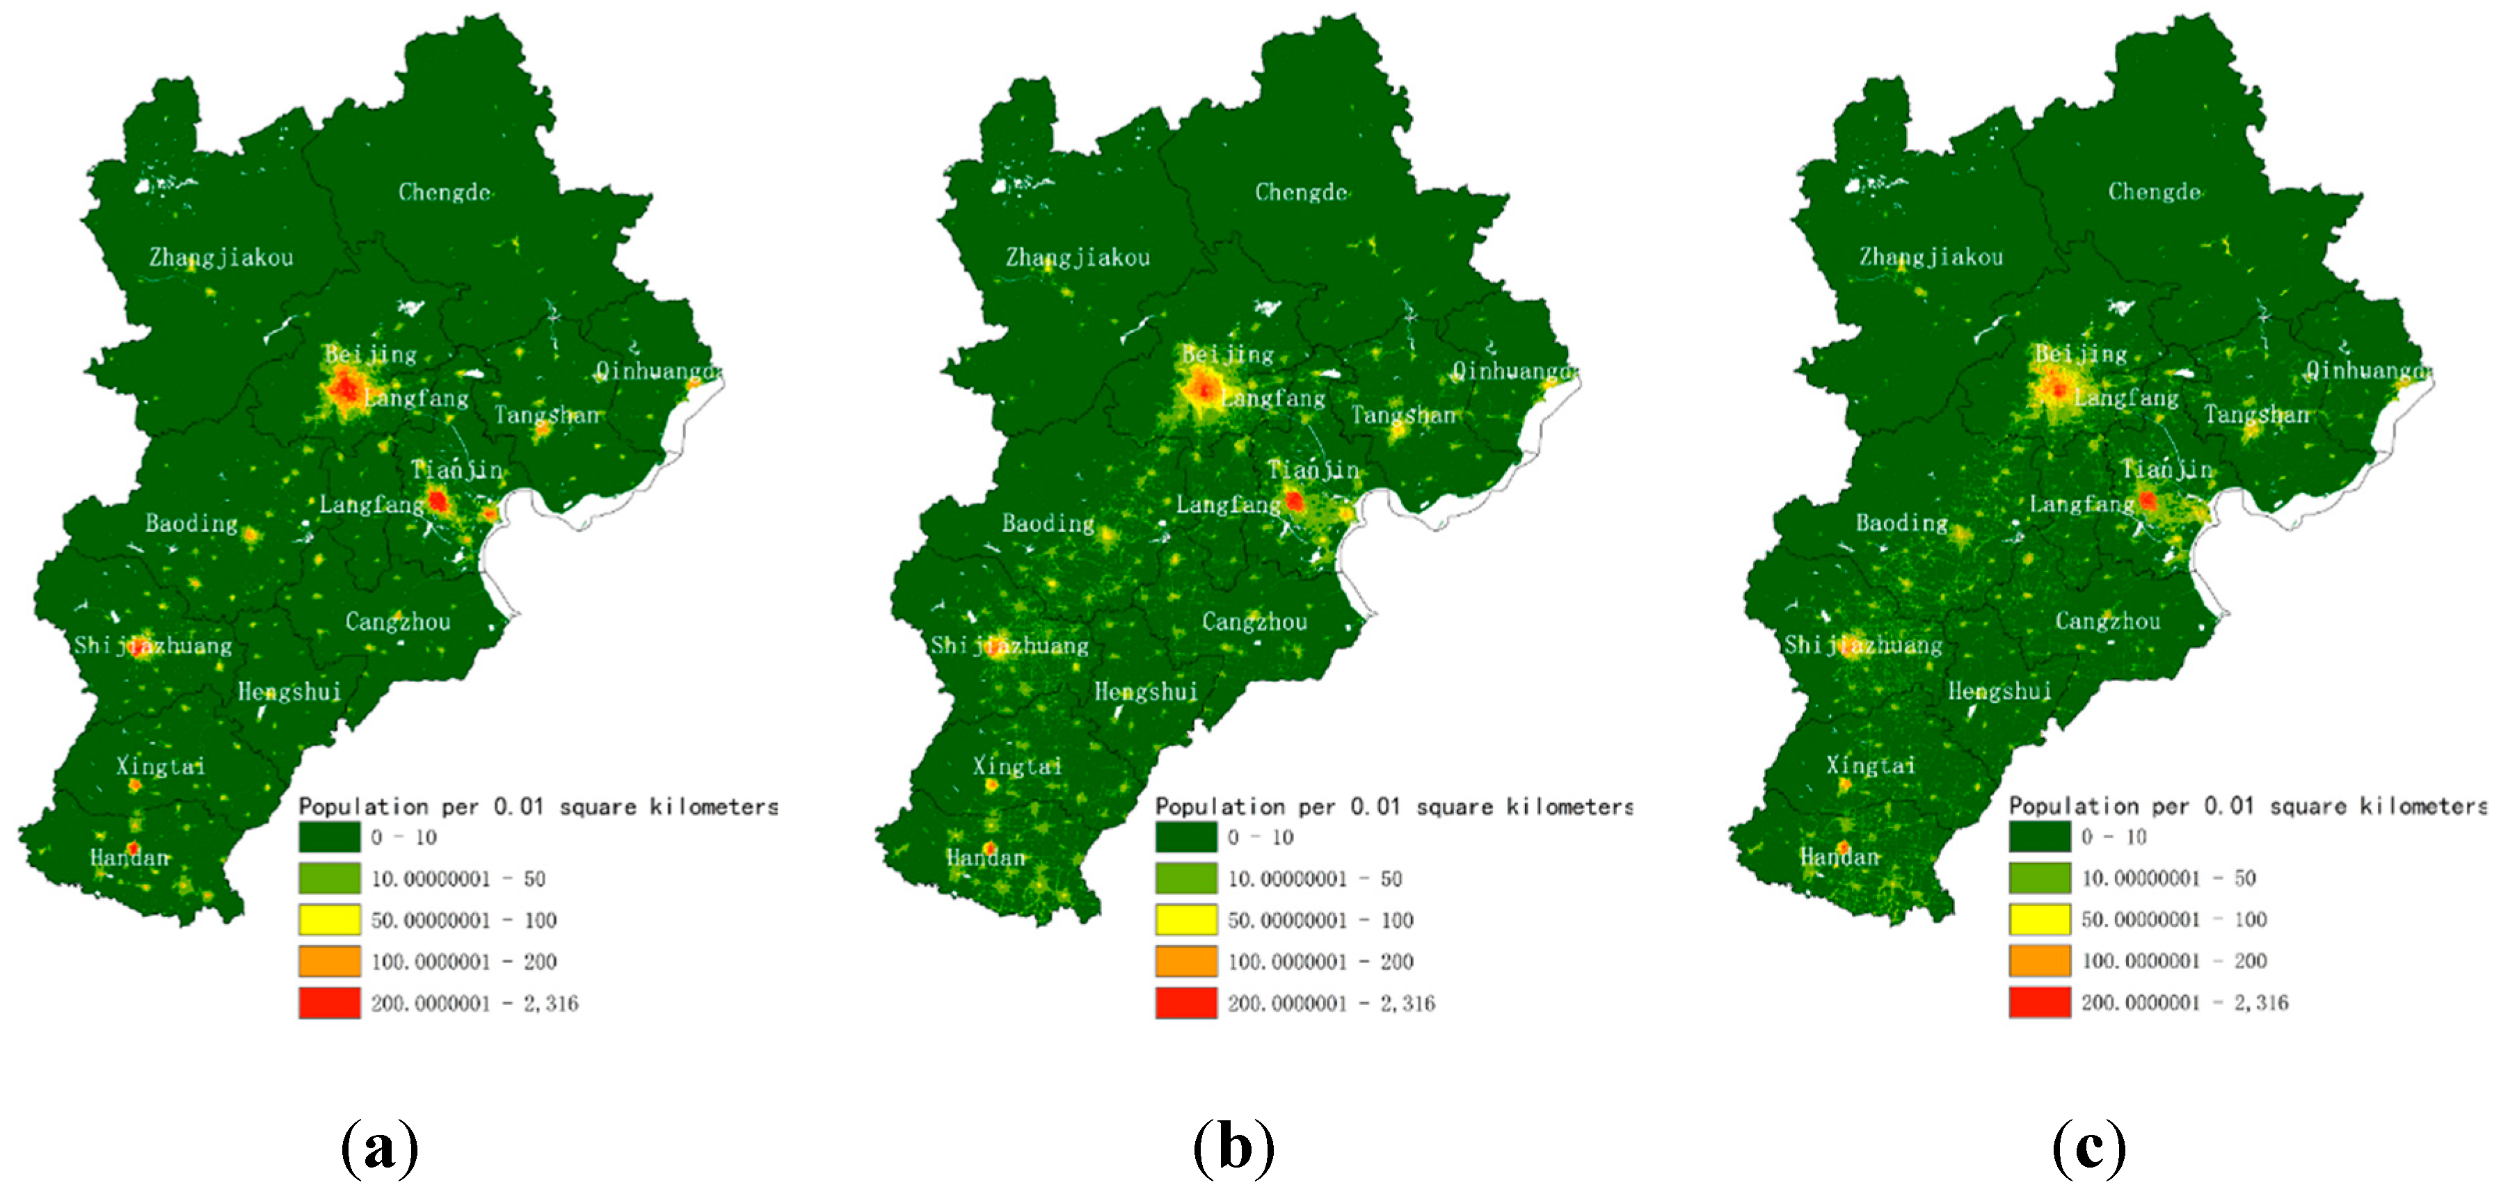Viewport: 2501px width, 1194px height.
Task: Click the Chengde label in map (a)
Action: pos(444,192)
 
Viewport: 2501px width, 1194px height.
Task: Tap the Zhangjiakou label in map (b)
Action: pos(1078,257)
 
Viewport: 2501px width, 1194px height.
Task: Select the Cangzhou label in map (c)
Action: pos(2108,621)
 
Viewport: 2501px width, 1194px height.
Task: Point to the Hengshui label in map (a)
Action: pos(289,691)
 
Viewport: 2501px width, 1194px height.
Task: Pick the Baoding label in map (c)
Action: pos(1901,523)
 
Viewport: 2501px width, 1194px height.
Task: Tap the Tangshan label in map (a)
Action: pos(548,415)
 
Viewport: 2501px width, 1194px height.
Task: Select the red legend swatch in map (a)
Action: pos(329,1003)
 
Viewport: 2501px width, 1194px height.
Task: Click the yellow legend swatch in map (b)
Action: pos(1185,919)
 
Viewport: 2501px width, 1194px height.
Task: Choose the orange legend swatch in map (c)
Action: pos(2040,960)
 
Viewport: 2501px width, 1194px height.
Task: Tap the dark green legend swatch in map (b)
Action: pos(1185,837)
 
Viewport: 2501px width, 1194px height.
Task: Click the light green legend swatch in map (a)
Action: pos(329,878)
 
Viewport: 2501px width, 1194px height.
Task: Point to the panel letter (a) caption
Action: pos(380,1148)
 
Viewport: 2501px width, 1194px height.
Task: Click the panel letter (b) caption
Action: pos(1234,1148)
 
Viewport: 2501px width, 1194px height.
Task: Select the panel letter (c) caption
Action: pos(2089,1148)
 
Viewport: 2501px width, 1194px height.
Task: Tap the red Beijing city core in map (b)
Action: pos(1204,390)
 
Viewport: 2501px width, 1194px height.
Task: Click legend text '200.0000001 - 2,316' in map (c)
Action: pos(2184,1003)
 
